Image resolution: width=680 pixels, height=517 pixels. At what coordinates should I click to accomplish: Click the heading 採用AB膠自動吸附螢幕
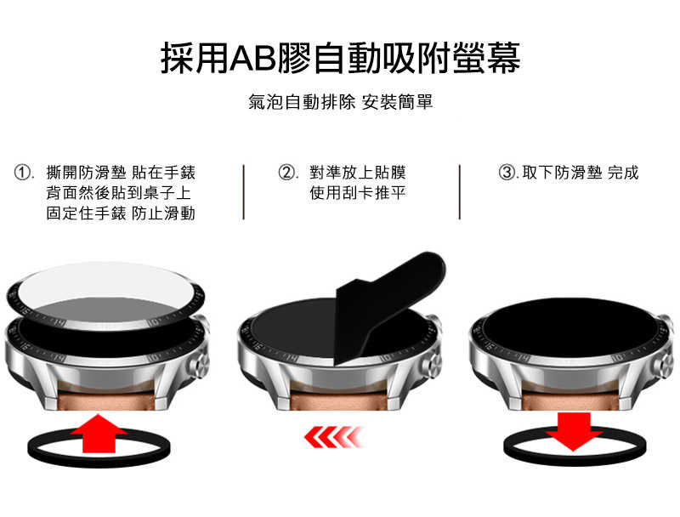[x=340, y=59]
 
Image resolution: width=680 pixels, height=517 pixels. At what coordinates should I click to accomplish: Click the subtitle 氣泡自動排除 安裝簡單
[x=340, y=103]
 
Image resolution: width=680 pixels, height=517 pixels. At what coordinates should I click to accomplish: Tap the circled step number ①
[x=25, y=173]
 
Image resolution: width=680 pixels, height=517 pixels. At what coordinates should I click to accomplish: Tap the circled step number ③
[x=507, y=173]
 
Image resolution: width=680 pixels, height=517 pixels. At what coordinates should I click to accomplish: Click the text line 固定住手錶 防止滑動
[x=121, y=213]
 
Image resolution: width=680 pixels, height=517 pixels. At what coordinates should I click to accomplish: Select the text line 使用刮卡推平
[x=357, y=194]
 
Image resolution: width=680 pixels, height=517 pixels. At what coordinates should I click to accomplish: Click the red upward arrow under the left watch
[x=99, y=435]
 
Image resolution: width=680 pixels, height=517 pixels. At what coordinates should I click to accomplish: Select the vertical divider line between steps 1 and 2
[x=244, y=192]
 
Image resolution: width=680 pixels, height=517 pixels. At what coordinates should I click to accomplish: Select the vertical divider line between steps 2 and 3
[x=460, y=192]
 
